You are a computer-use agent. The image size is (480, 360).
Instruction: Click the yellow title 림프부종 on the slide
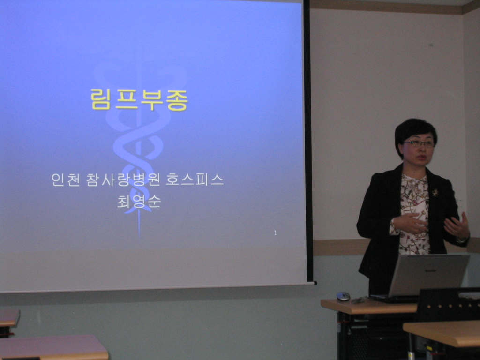[139, 99]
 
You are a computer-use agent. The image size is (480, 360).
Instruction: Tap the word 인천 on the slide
[64, 180]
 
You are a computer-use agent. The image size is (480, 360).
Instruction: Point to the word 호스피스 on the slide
[195, 180]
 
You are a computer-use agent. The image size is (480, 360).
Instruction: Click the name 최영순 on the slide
[139, 202]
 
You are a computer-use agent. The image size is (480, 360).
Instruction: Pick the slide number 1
[276, 233]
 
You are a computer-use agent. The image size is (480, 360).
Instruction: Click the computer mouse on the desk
[343, 296]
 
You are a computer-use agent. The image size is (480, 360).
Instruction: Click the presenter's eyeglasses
[419, 143]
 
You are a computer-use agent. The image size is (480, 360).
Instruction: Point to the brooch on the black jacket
[435, 193]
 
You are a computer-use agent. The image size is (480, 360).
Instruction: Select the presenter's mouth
[422, 157]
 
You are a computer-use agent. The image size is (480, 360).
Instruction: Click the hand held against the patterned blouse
[410, 223]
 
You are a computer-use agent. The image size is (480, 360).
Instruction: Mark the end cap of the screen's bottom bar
[315, 283]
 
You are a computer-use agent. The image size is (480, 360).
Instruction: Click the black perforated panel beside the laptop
[449, 305]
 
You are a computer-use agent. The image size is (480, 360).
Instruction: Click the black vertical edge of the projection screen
[307, 141]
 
